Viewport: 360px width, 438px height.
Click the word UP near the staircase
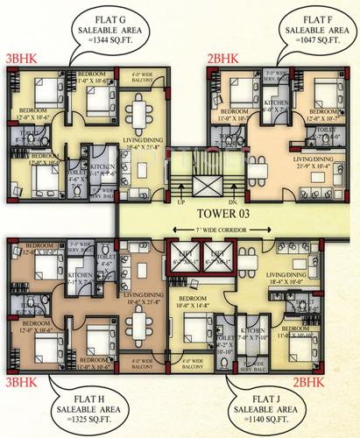point(181,201)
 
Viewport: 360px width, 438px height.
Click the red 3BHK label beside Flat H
point(22,383)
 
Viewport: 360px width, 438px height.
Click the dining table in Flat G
point(139,112)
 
